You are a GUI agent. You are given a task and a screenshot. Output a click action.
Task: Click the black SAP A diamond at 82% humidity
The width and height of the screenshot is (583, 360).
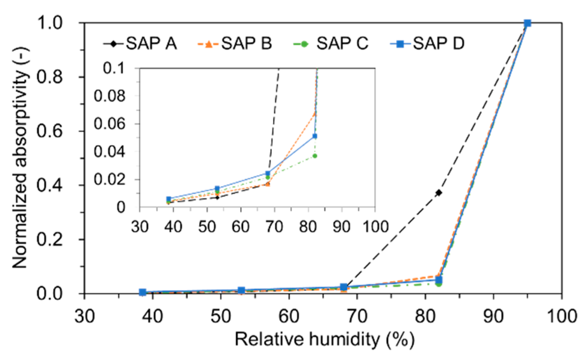tap(439, 193)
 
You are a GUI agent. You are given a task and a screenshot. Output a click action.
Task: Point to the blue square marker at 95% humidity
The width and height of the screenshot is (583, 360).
tap(528, 23)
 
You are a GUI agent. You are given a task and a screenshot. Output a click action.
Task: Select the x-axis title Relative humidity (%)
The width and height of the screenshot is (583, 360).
tap(324, 339)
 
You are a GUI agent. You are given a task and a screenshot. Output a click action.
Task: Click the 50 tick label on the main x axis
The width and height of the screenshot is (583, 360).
tap(221, 316)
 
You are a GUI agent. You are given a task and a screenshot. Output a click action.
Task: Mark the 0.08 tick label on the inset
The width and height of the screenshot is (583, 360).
tap(109, 96)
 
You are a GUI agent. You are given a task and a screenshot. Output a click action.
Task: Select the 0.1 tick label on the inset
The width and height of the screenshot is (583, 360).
tap(114, 68)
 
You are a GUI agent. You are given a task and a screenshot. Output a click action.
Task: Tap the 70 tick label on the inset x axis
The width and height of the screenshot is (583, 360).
tap(274, 227)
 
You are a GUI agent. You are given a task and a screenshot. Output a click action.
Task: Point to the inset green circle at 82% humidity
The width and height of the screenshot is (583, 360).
tap(315, 156)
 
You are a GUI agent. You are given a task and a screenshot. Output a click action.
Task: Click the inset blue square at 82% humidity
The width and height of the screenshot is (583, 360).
tap(315, 136)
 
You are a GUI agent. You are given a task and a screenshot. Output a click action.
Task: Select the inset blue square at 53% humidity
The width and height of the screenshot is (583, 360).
tap(217, 189)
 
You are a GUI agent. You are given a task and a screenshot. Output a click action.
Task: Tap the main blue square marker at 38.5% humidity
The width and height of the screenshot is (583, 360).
tap(142, 292)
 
